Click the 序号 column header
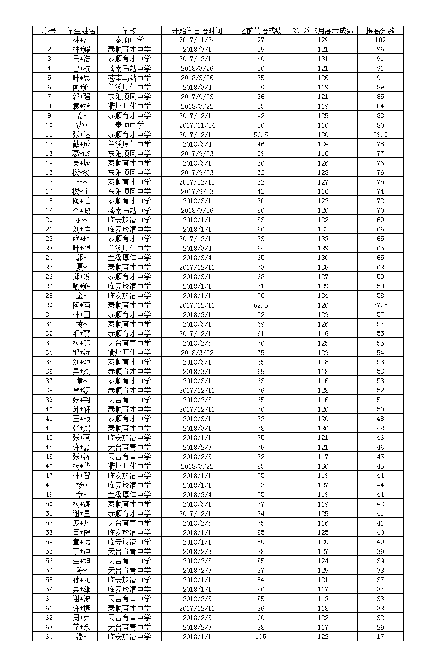[49, 31]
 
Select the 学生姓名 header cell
[81, 31]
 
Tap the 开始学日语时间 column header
[197, 31]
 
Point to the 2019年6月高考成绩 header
[323, 31]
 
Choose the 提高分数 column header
[380, 31]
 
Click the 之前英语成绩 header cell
[260, 31]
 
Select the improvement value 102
[380, 40]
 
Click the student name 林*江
[81, 40]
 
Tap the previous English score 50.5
[260, 135]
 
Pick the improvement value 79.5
[380, 135]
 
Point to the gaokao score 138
[323, 239]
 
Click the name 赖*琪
[81, 239]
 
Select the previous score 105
[260, 637]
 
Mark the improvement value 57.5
[380, 305]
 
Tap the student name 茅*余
[81, 628]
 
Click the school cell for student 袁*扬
[129, 106]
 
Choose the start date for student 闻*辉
[197, 88]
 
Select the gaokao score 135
[323, 268]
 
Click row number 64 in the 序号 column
[49, 637]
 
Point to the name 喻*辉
[81, 286]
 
